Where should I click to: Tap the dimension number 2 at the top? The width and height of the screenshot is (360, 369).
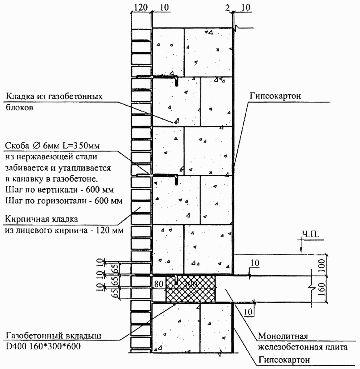[227, 8]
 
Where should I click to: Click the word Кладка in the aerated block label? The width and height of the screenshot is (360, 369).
[20, 97]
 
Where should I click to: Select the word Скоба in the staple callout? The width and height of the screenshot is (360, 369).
[17, 146]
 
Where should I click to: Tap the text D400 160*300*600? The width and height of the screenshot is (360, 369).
[43, 347]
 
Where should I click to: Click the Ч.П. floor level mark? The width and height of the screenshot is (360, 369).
[310, 234]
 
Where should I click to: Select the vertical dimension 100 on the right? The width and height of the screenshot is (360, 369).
[322, 265]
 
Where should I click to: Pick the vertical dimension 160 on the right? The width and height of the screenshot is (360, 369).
[322, 289]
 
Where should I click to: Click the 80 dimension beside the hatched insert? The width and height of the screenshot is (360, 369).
[159, 284]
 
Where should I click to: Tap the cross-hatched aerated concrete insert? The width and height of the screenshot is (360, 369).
[190, 289]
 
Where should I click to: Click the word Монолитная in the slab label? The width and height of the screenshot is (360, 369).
[283, 336]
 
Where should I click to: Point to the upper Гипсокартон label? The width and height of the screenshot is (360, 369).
[275, 96]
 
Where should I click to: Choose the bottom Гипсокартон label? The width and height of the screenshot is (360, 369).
[284, 360]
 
